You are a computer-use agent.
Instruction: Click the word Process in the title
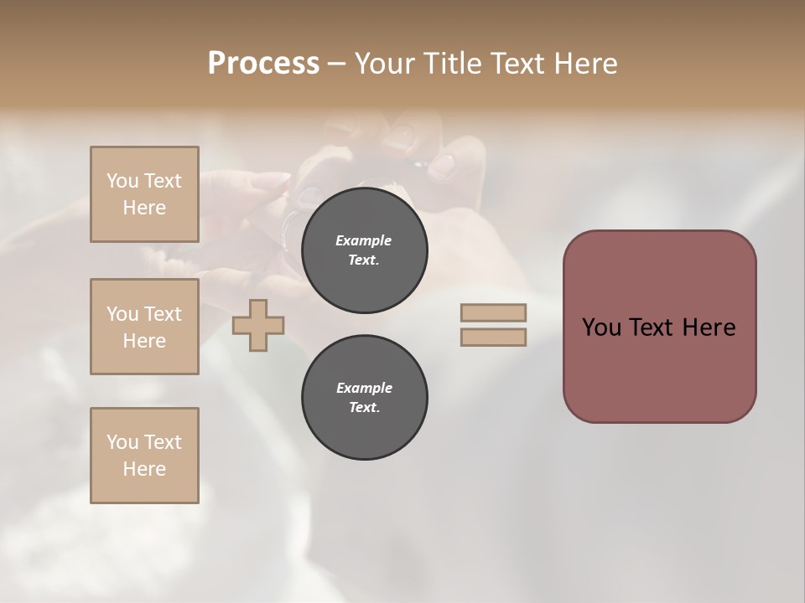click(x=263, y=64)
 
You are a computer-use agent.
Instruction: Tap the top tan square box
click(x=144, y=194)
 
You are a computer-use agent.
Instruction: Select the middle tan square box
click(x=144, y=327)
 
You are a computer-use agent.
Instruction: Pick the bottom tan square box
click(x=144, y=456)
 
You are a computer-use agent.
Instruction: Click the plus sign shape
click(x=258, y=326)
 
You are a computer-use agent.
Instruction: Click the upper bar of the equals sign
click(x=493, y=313)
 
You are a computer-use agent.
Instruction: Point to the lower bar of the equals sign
click(x=493, y=338)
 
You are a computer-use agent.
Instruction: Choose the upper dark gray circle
click(x=364, y=250)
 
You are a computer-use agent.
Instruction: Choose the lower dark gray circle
click(x=364, y=398)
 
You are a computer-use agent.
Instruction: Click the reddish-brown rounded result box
click(x=659, y=327)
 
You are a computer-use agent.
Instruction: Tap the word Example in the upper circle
click(x=364, y=240)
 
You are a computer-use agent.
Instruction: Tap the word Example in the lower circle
click(x=364, y=388)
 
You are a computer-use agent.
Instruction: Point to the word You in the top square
click(x=122, y=181)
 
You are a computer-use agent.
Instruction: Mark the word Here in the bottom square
click(x=144, y=469)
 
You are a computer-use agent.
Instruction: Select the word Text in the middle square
click(x=162, y=314)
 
